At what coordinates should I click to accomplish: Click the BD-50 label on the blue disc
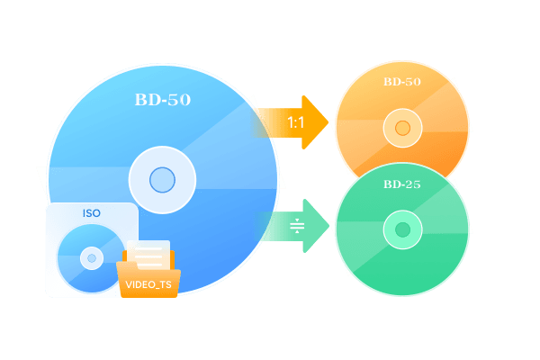[163, 100]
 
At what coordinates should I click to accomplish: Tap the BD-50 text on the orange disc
[402, 82]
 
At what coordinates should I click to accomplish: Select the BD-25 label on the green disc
[402, 184]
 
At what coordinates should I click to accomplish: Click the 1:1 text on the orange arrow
[295, 122]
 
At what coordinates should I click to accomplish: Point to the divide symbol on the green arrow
[297, 226]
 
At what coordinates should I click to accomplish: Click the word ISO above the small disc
[92, 213]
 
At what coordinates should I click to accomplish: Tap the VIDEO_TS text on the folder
[148, 284]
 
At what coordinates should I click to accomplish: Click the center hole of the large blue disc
[162, 180]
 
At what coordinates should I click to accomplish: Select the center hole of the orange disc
[402, 128]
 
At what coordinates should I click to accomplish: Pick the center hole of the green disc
[402, 229]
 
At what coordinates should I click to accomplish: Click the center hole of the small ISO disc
[92, 258]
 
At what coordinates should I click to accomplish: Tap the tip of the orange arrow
[328, 122]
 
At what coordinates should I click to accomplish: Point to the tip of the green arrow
[328, 226]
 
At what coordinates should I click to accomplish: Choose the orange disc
[402, 113]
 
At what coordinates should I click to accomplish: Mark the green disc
[402, 229]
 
